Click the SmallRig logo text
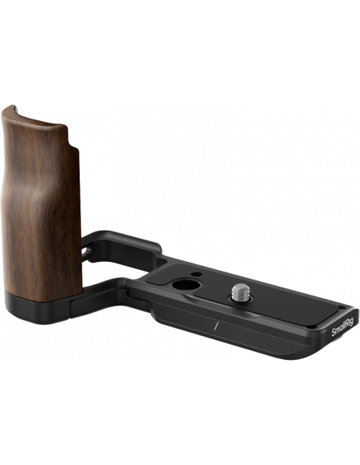(342, 326)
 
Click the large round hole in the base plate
(186, 285)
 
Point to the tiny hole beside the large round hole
(195, 274)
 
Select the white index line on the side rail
(216, 326)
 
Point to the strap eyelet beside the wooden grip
(87, 252)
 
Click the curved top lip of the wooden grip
(33, 117)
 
